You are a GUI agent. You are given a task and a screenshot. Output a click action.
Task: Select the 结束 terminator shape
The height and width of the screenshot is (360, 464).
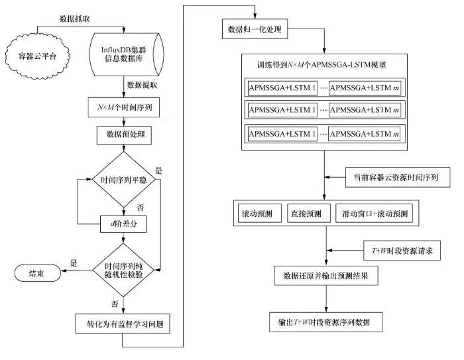pyautogui.click(x=32, y=273)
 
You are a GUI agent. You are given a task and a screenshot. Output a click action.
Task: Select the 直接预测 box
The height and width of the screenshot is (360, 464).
pyautogui.click(x=307, y=214)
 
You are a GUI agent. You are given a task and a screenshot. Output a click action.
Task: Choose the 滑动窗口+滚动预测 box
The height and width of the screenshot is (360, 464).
pyautogui.click(x=375, y=214)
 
